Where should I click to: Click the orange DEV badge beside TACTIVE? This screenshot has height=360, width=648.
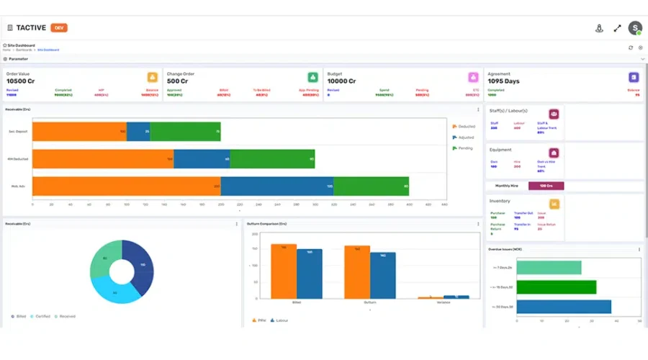59,27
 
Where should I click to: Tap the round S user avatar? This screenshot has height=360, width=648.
634,28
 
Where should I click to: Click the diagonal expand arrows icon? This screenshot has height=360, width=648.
617,28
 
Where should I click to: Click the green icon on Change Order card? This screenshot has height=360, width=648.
312,77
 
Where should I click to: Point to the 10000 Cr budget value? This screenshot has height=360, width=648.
341,81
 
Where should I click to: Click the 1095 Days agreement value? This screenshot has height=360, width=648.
503,81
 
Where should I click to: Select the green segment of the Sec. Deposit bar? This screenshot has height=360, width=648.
185,132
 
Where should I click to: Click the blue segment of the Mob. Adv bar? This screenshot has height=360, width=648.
276,186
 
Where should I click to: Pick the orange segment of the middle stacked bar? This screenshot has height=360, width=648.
102,159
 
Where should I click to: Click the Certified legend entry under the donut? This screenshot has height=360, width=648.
42,316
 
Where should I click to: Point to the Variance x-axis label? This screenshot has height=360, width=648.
446,303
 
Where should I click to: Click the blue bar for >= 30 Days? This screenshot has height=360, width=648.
563,307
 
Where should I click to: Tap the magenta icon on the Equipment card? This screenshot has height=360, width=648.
554,153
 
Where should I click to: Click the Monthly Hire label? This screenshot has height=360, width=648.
508,186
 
